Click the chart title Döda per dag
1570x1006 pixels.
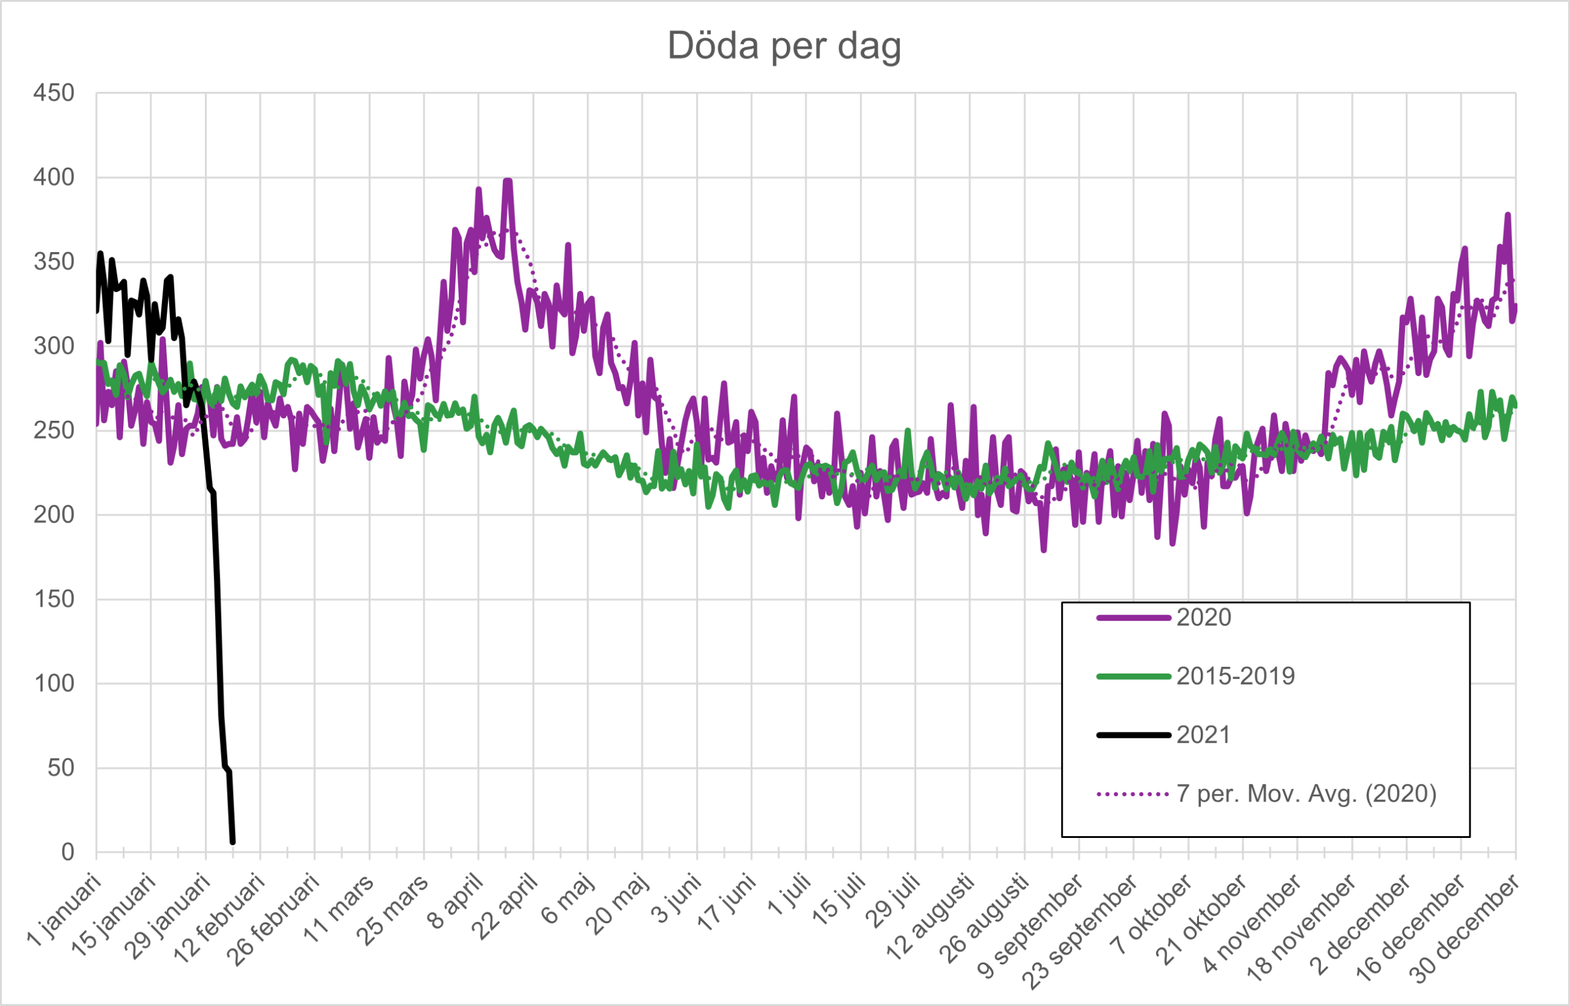[x=784, y=46]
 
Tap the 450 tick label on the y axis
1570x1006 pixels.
[x=54, y=93]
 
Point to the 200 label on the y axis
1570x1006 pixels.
[x=54, y=515]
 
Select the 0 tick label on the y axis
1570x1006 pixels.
[x=67, y=853]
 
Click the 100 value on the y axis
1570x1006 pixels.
[x=54, y=684]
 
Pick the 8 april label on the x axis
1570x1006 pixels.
[x=456, y=902]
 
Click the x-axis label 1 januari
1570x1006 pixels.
[x=65, y=912]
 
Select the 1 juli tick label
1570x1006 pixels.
[x=789, y=897]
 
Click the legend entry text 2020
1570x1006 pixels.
[x=1204, y=617]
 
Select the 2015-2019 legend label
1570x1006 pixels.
[x=1236, y=676]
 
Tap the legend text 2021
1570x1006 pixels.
[x=1203, y=735]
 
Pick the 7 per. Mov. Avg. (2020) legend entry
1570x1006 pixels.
[x=1306, y=794]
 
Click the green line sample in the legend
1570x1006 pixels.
[x=1133, y=676]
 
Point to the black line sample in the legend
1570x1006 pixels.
[x=1133, y=735]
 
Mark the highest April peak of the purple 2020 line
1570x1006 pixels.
[x=507, y=181]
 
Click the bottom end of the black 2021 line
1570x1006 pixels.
[x=232, y=842]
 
